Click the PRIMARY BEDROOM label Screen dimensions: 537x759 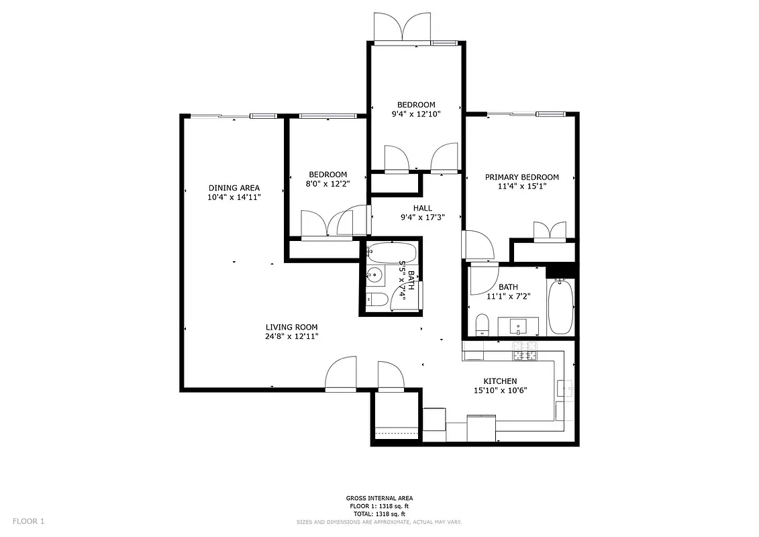pos(521,177)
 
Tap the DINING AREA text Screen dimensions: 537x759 pos(234,188)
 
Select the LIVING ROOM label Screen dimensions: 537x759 pos(291,327)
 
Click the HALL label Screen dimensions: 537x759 pos(423,208)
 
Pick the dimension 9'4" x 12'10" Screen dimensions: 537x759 pos(416,115)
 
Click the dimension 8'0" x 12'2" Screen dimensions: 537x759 pos(327,184)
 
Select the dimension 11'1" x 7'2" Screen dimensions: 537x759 pos(508,296)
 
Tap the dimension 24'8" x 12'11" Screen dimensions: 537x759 pos(291,336)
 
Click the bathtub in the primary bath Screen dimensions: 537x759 pos(560,307)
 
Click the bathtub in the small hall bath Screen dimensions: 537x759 pos(393,253)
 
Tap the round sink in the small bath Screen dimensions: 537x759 pos(374,275)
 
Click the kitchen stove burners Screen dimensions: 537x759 pos(527,350)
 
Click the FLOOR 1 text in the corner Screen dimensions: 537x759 pos(28,521)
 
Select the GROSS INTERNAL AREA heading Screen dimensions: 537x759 pos(379,498)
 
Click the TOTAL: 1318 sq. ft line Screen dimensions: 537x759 pos(379,514)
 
